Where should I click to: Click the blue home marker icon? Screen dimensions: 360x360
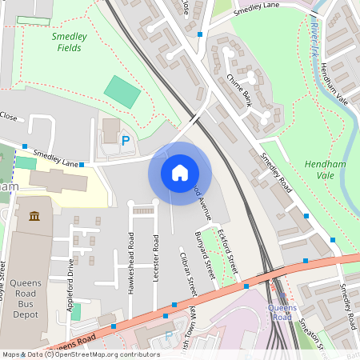point(180,173)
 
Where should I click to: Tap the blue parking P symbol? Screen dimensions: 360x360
point(125,141)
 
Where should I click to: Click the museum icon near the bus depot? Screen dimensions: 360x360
point(35,217)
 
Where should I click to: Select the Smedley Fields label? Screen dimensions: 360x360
point(69,42)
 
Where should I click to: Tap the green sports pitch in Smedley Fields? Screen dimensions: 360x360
point(122,92)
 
